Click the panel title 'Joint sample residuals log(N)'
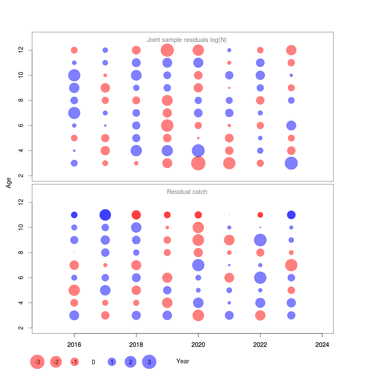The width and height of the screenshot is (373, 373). pyautogui.click(x=186, y=40)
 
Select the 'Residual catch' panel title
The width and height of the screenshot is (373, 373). pyautogui.click(x=187, y=192)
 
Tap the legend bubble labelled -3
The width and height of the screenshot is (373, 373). pyautogui.click(x=37, y=362)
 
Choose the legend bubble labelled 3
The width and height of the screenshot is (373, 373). pyautogui.click(x=149, y=362)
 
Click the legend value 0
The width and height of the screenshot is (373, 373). pyautogui.click(x=93, y=362)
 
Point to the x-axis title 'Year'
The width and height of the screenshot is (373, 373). pyautogui.click(x=182, y=361)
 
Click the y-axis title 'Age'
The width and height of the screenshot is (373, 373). pyautogui.click(x=9, y=183)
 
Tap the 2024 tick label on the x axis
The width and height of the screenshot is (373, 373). pyautogui.click(x=322, y=345)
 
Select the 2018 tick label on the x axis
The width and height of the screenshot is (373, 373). pyautogui.click(x=136, y=345)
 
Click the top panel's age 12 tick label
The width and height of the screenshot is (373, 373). pyautogui.click(x=21, y=50)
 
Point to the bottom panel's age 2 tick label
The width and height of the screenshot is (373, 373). pyautogui.click(x=21, y=328)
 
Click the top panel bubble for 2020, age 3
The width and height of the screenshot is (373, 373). pyautogui.click(x=198, y=163)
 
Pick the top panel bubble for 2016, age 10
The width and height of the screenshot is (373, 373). pyautogui.click(x=74, y=75)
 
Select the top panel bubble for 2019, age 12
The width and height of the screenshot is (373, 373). pyautogui.click(x=167, y=50)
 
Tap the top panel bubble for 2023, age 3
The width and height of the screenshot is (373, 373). pyautogui.click(x=291, y=163)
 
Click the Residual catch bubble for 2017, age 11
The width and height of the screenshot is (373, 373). pyautogui.click(x=105, y=215)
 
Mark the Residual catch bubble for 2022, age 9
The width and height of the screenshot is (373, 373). pyautogui.click(x=260, y=240)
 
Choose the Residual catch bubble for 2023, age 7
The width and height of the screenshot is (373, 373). pyautogui.click(x=291, y=265)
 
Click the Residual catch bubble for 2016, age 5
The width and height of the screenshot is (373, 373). pyautogui.click(x=74, y=290)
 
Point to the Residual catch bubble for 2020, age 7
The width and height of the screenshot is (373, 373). pyautogui.click(x=198, y=265)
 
